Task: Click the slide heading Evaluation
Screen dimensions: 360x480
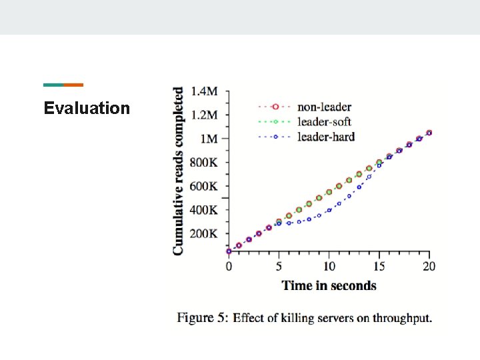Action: point(87,108)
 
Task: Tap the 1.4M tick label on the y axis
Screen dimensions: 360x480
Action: point(204,91)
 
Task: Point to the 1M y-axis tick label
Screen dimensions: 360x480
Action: point(209,139)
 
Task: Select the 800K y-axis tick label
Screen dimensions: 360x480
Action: point(204,163)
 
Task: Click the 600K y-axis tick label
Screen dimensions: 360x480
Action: point(204,187)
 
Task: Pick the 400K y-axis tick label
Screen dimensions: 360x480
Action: point(204,210)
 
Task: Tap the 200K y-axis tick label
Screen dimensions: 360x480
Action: point(204,234)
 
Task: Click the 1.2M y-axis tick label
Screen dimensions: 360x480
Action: point(204,115)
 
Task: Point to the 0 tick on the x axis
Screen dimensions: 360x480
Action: point(229,266)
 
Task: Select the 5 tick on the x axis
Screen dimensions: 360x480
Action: point(279,266)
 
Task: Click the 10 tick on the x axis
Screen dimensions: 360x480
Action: point(329,266)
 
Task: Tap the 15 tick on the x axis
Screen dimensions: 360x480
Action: point(379,266)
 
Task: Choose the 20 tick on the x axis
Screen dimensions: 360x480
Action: point(429,266)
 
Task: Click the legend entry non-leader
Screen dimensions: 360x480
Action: point(324,107)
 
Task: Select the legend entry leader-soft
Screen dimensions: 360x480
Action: point(324,122)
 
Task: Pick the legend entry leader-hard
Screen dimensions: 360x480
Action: point(325,137)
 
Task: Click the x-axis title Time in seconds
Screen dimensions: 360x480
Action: point(329,285)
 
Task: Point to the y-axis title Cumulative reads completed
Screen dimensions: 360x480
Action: point(179,171)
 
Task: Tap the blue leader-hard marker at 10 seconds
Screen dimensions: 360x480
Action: point(329,209)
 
